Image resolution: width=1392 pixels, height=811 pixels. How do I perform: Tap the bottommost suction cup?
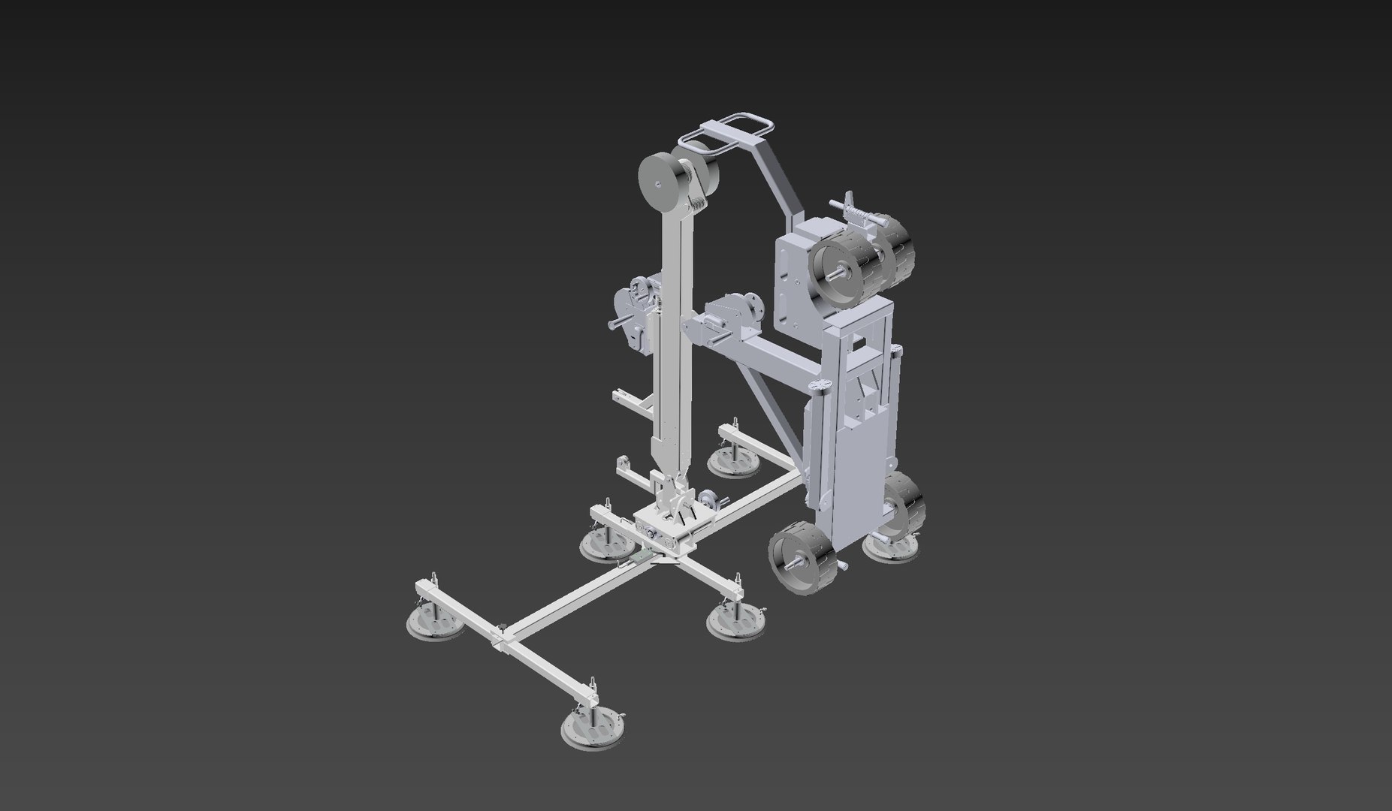(593, 728)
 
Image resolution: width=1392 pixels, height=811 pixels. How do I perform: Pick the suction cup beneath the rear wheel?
(891, 546)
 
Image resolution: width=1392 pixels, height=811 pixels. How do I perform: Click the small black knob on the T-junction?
(500, 625)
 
